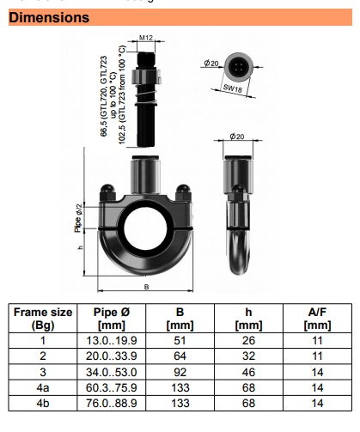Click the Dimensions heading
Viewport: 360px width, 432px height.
[49, 17]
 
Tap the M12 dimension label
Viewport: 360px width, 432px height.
[146, 38]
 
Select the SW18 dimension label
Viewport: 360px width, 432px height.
[233, 88]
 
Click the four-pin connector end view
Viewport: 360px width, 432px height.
[239, 68]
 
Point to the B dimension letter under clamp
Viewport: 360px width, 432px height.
[146, 287]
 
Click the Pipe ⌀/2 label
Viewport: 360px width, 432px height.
[78, 218]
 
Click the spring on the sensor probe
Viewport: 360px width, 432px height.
[146, 97]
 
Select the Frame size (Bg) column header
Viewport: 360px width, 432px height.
[43, 319]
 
